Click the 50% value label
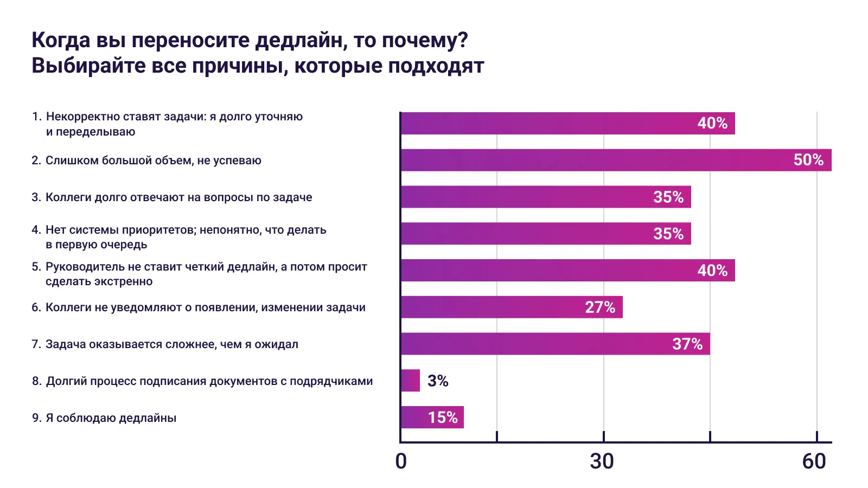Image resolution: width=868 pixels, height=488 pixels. (808, 160)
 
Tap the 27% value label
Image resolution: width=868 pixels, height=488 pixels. (600, 307)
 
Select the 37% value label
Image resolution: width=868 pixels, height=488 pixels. (687, 344)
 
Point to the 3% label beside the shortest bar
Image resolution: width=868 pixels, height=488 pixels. (438, 381)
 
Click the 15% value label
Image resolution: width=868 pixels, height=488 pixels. (443, 418)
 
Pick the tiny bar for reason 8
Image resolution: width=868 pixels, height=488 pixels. (410, 381)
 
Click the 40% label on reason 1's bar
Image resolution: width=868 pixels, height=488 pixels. (712, 123)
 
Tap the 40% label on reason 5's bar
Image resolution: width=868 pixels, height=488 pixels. (712, 271)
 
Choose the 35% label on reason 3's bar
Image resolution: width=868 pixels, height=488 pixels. (668, 197)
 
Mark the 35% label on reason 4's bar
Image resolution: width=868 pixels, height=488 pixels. (668, 234)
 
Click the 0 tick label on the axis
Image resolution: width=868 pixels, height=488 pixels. (401, 461)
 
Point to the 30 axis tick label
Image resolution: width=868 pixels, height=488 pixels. (602, 461)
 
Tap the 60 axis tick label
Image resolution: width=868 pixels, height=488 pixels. (814, 461)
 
